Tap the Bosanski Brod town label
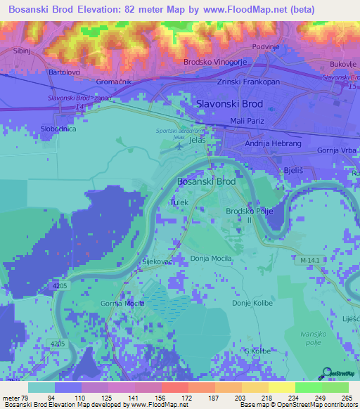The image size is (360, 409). pyautogui.click(x=206, y=181)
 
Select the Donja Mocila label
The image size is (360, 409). pyautogui.click(x=211, y=259)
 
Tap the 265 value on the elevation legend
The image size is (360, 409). pyautogui.click(x=346, y=398)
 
